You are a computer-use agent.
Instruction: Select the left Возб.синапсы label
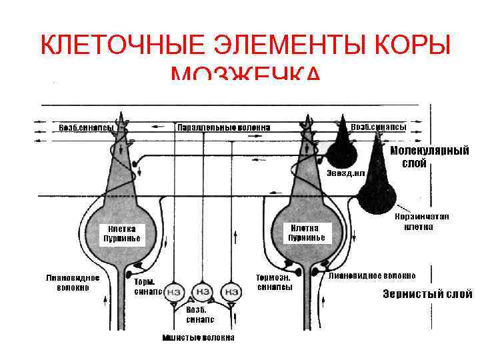[x=86, y=127]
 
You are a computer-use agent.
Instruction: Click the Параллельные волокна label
[x=223, y=127]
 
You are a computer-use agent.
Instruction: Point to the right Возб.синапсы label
[x=378, y=127]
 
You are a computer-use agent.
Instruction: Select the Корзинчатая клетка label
[x=421, y=221]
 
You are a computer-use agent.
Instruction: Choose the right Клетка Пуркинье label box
[x=306, y=233]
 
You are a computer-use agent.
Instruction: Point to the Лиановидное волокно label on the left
[x=73, y=283]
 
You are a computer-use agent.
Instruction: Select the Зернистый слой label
[x=427, y=294]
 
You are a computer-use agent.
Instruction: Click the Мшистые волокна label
[x=199, y=337]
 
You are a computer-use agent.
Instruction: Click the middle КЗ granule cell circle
[x=202, y=292]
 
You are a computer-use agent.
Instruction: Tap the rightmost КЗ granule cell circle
[x=231, y=292]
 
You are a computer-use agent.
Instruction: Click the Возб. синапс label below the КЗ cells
[x=196, y=315]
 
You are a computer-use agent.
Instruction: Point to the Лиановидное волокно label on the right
[x=372, y=275]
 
